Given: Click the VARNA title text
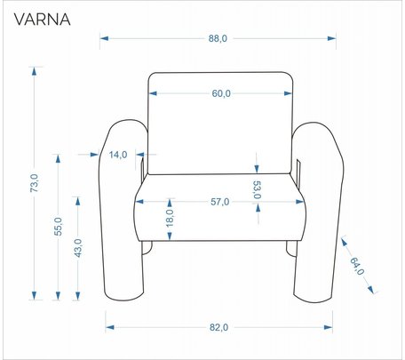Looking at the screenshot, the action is pyautogui.click(x=42, y=20).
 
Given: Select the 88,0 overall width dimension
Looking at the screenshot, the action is pyautogui.click(x=218, y=38).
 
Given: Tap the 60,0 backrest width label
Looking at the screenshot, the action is pyautogui.click(x=221, y=93).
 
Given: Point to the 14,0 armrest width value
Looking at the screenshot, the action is pyautogui.click(x=118, y=155).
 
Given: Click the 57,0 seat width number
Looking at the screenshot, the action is pyautogui.click(x=219, y=202).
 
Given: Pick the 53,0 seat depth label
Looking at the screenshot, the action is pyautogui.click(x=257, y=190).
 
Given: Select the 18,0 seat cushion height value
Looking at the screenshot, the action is pyautogui.click(x=170, y=219).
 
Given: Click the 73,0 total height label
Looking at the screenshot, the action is pyautogui.click(x=35, y=183).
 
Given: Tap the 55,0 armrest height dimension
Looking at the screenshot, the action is pyautogui.click(x=59, y=227).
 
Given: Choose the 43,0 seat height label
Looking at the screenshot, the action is pyautogui.click(x=78, y=248).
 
